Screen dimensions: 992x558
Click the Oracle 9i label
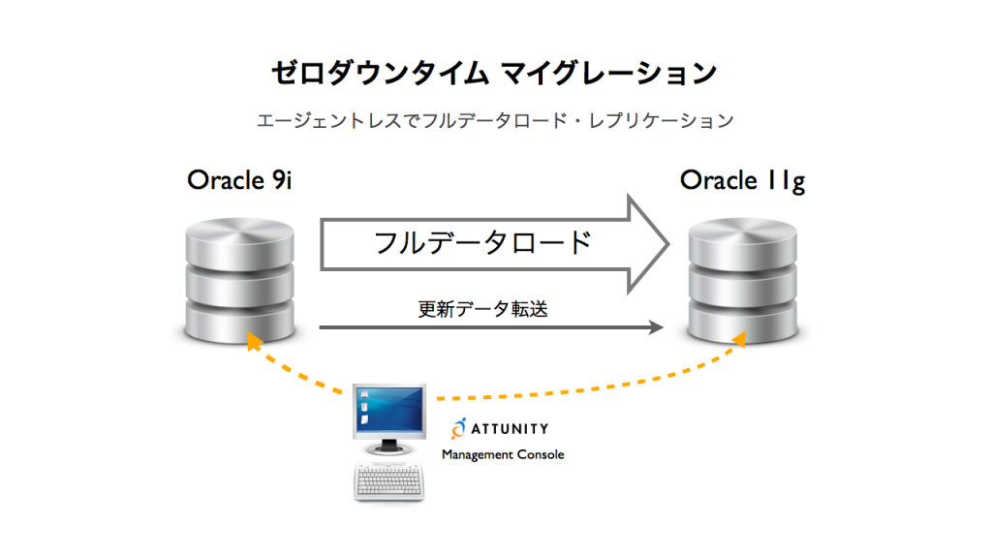click(x=239, y=180)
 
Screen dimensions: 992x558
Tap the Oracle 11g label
click(x=742, y=181)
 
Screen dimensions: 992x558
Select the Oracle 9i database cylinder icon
click(x=240, y=281)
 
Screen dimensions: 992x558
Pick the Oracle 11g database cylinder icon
click(x=743, y=281)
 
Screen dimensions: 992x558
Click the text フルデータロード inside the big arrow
click(x=482, y=243)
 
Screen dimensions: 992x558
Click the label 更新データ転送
click(x=482, y=309)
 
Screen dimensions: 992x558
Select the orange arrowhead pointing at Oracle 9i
click(x=254, y=340)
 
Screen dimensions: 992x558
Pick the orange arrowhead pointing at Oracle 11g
click(x=738, y=339)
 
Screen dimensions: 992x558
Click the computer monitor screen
click(x=389, y=410)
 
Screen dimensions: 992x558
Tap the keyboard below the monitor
click(x=389, y=482)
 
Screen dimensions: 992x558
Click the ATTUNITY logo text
click(x=510, y=429)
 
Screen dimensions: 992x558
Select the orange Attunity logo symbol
click(x=458, y=428)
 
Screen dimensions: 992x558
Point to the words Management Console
click(x=503, y=455)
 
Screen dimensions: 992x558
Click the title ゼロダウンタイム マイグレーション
click(x=494, y=73)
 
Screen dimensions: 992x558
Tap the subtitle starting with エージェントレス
click(x=495, y=120)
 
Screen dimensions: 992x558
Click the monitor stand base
click(x=389, y=449)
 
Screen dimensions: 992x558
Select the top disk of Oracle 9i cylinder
click(x=240, y=243)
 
